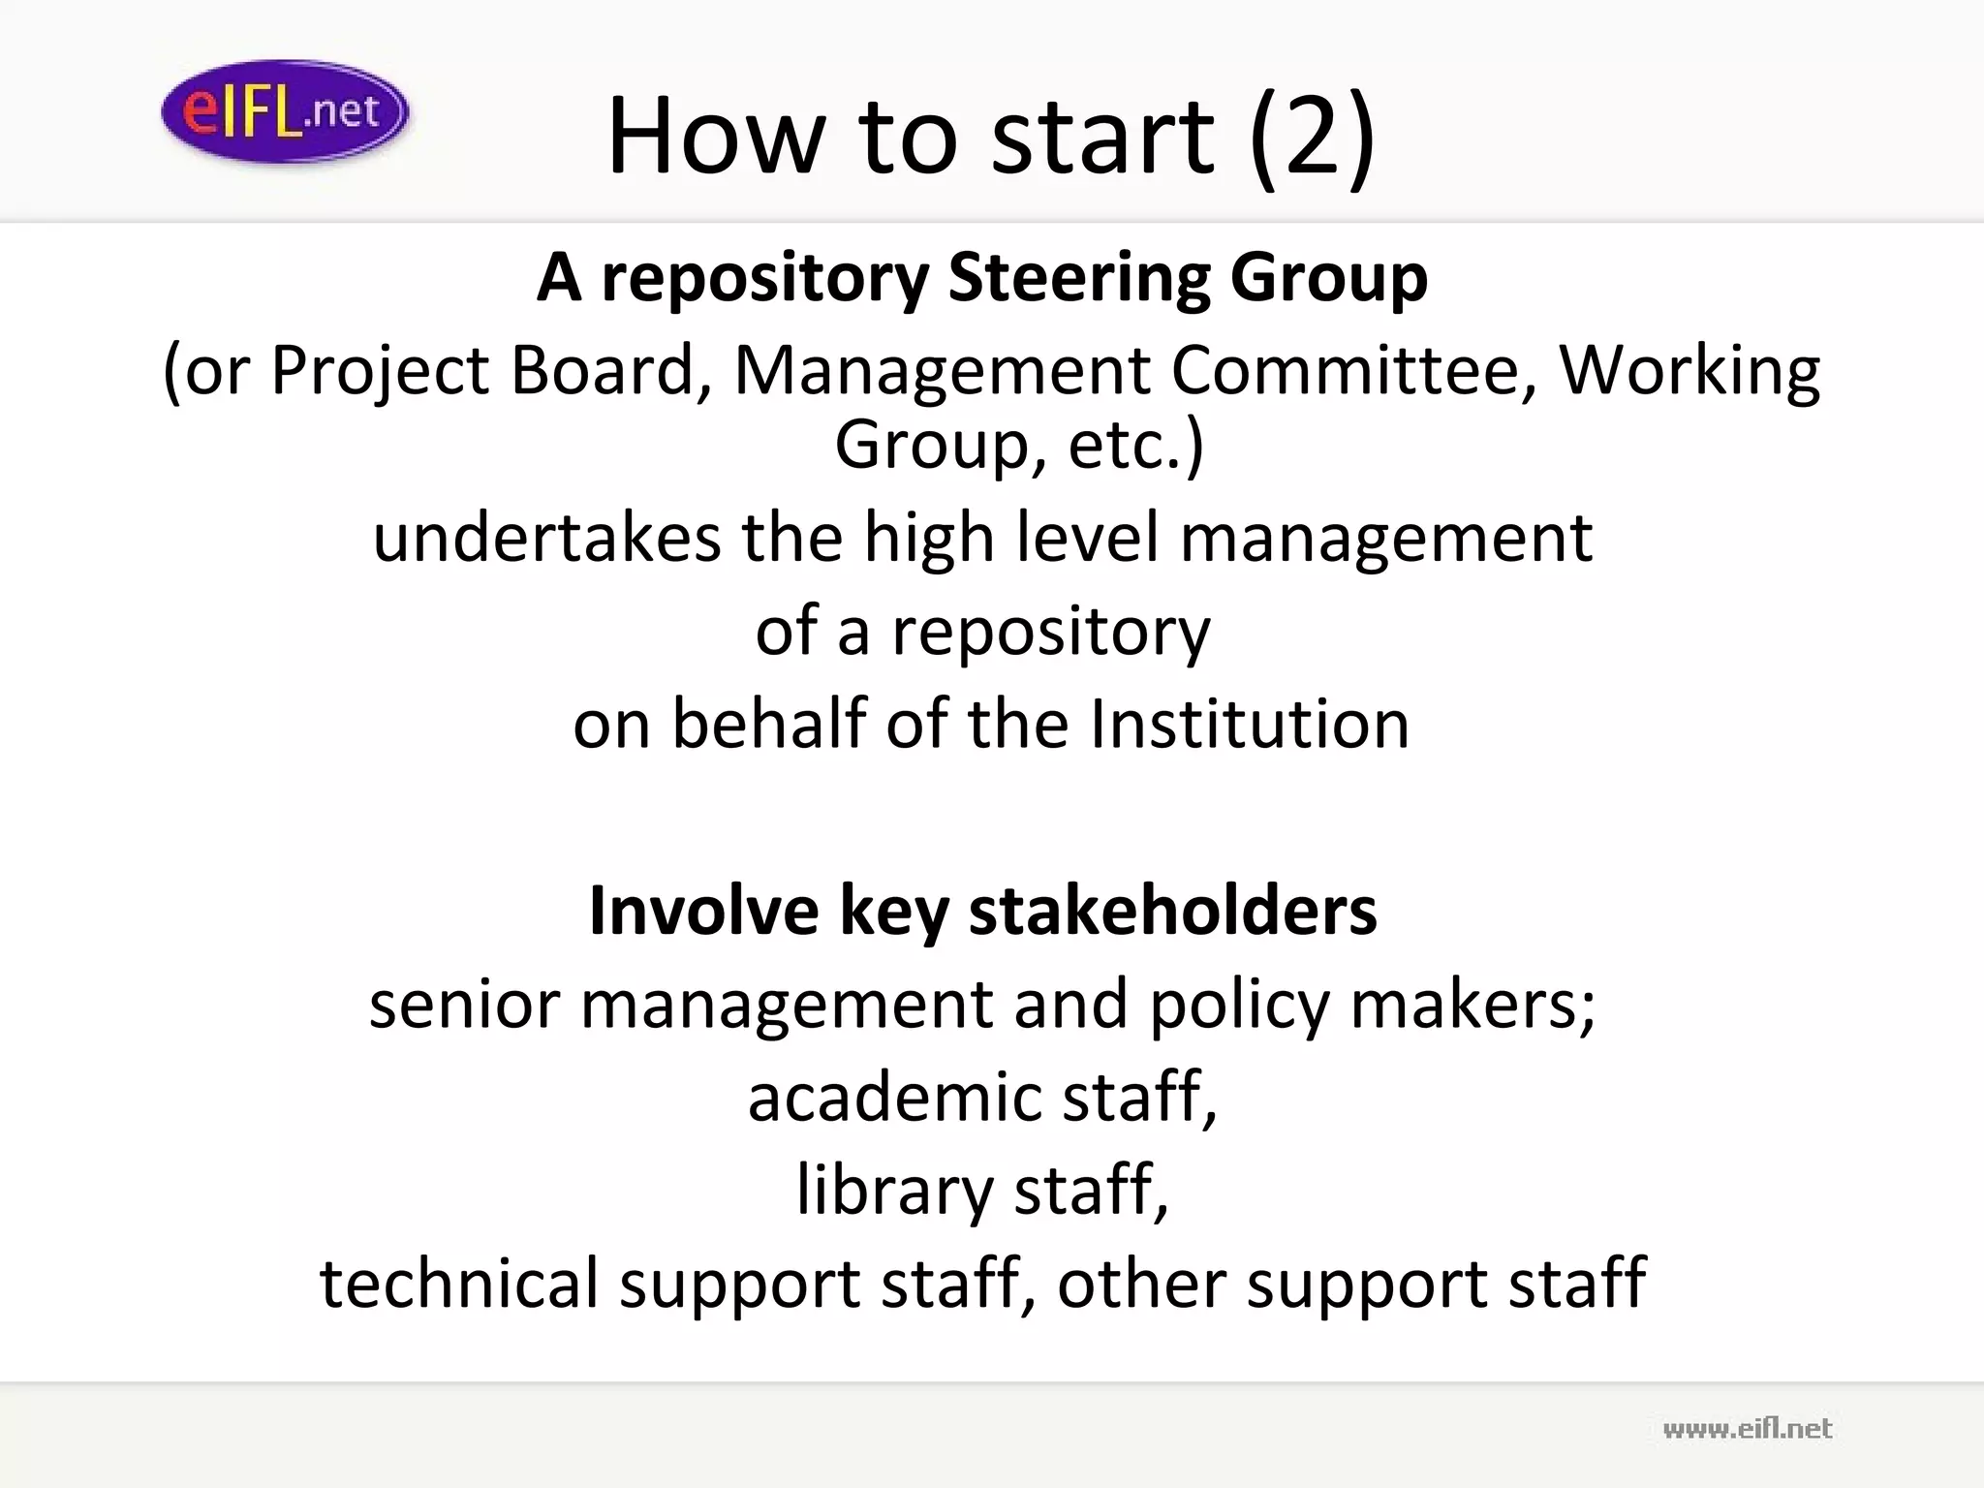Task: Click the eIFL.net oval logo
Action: [x=285, y=111]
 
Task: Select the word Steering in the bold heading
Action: [x=1078, y=279]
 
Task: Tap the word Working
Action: [x=1689, y=372]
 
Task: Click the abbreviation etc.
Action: [x=1134, y=446]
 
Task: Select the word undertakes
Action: [x=547, y=538]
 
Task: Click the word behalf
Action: [x=769, y=724]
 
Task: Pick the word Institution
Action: [x=1249, y=724]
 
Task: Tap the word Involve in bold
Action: [x=704, y=912]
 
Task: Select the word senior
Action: [x=465, y=1005]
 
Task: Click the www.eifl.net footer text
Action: [x=1748, y=1428]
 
